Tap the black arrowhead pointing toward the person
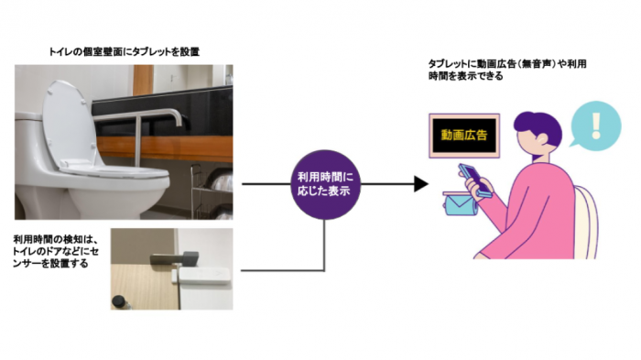click(x=420, y=183)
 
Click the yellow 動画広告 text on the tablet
click(x=463, y=136)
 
